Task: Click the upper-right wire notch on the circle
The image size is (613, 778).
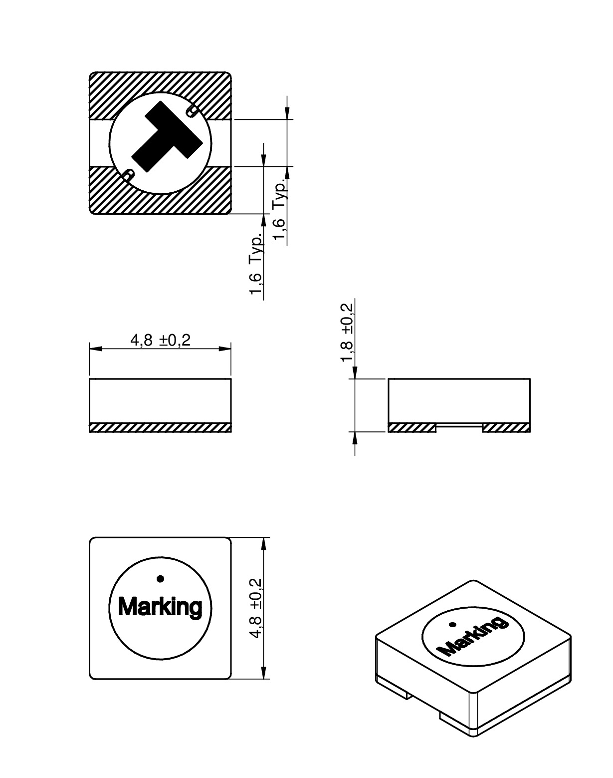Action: coord(192,111)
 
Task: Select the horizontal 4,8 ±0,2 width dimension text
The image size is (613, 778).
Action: coord(160,340)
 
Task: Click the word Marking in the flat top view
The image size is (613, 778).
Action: coord(160,608)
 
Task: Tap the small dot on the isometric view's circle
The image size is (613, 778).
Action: coord(451,624)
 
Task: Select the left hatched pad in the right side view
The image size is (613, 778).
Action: coord(412,427)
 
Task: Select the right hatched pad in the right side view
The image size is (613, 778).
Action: coord(506,427)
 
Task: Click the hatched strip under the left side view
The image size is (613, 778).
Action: coord(160,427)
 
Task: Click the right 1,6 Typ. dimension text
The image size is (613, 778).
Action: coord(280,210)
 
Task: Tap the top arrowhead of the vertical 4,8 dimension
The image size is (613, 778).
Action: coord(265,544)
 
